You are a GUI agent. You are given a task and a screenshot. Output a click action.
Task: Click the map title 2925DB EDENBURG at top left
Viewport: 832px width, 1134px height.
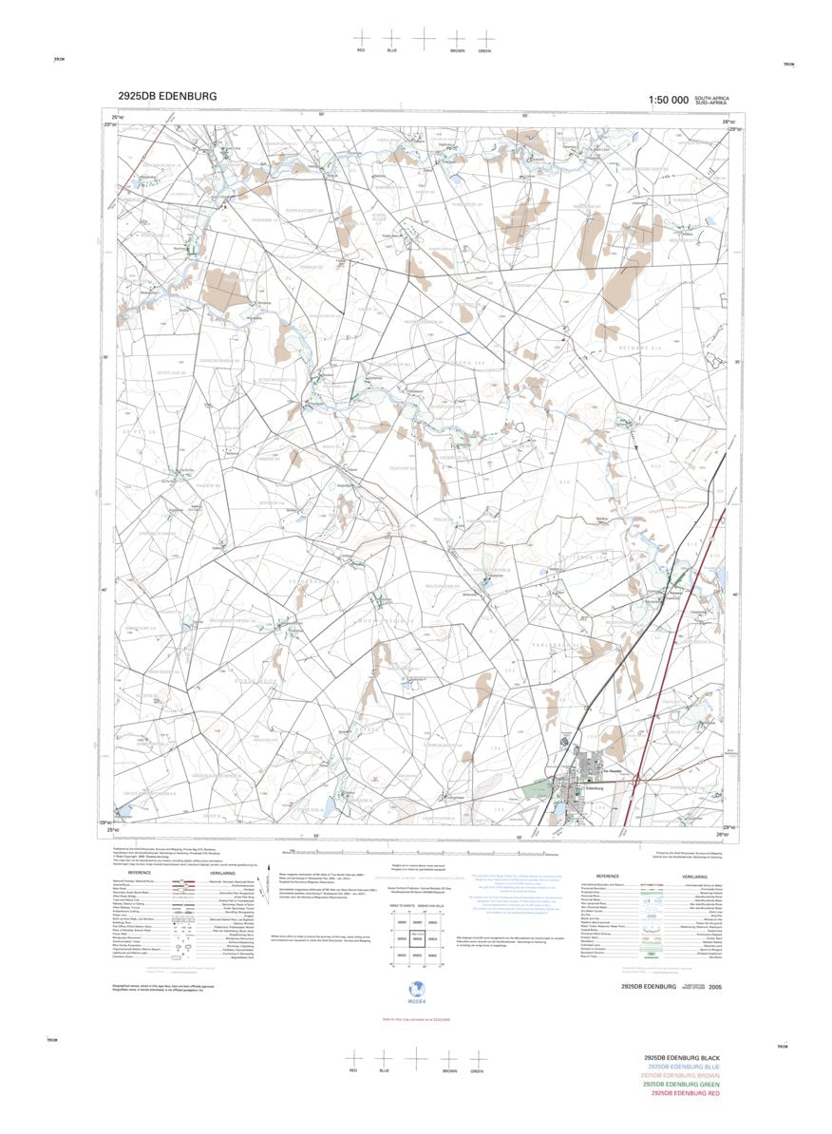point(167,96)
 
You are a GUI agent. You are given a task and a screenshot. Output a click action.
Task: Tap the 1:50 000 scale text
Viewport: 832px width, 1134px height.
point(668,100)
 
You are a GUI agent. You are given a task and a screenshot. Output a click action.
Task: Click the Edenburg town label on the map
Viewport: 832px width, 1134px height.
point(597,786)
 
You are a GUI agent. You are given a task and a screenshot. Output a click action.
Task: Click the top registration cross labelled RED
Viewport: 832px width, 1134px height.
point(361,34)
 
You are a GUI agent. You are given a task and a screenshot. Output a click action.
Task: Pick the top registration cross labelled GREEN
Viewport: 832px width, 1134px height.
point(484,34)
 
